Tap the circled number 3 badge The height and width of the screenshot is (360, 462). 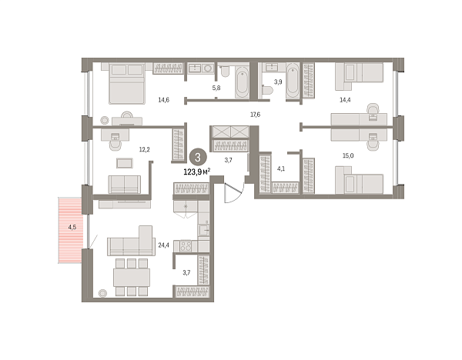point(199,157)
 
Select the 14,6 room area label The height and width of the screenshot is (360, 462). point(163,100)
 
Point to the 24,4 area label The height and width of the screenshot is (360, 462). point(163,246)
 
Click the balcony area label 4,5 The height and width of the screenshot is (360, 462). point(72,228)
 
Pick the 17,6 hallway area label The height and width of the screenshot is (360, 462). point(256,115)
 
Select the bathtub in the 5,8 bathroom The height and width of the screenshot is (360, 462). point(242,83)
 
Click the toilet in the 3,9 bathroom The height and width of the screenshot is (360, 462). point(267,90)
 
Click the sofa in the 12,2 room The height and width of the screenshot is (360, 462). point(125,184)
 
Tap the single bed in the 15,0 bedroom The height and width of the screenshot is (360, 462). point(359,184)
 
